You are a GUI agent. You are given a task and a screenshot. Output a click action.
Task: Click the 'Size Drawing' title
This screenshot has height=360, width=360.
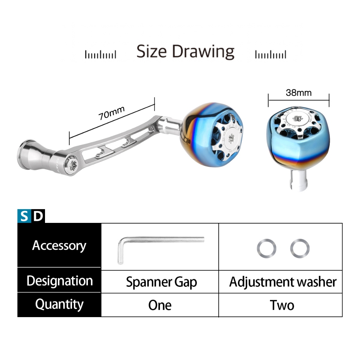click(185, 51)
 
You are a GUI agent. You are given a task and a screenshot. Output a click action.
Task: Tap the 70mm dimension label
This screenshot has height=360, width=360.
click(111, 113)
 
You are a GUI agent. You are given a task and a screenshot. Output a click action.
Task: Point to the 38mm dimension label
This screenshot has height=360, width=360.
click(299, 93)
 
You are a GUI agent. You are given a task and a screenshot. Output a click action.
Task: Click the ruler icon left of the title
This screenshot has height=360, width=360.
click(101, 54)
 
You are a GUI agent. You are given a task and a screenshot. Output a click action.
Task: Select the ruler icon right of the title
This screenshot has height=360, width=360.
click(271, 54)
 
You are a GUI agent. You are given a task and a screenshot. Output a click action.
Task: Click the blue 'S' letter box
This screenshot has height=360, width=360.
click(24, 216)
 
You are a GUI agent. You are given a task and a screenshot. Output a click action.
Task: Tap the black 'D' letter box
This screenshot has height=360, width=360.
click(38, 216)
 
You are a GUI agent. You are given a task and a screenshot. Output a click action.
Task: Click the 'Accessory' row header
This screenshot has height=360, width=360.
click(59, 245)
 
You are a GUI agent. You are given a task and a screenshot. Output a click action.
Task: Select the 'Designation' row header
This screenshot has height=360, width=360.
click(59, 281)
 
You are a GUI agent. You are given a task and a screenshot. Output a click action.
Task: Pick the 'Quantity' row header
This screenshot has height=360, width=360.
click(59, 304)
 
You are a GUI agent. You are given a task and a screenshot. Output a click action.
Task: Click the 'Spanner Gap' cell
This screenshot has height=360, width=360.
click(161, 282)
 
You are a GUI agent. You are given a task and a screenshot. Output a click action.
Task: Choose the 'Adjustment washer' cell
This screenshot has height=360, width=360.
click(283, 282)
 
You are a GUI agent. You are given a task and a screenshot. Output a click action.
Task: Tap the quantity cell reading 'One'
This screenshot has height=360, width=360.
click(160, 305)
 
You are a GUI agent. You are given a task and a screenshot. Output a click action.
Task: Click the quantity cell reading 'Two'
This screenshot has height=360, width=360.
click(282, 305)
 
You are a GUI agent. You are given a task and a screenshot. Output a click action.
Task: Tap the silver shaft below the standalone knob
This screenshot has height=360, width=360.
click(298, 180)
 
